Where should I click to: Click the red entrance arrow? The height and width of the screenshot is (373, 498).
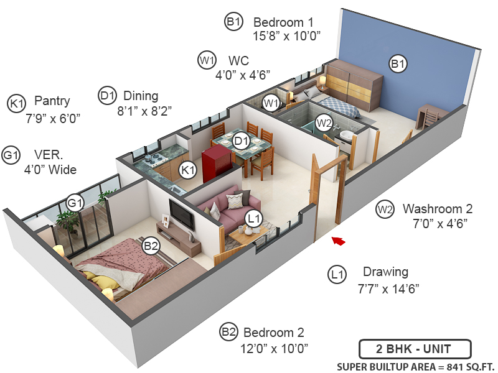click(337, 241)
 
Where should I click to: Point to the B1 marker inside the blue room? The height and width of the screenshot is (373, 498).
click(398, 63)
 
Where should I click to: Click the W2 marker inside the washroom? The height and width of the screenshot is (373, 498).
click(324, 123)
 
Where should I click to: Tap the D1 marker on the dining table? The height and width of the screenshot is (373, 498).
click(242, 142)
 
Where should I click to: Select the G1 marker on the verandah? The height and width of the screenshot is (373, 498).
click(75, 203)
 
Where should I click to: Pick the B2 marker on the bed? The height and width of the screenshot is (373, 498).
click(151, 246)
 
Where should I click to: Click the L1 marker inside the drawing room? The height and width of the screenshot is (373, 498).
click(253, 218)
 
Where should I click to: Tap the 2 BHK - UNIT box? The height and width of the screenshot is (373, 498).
click(415, 349)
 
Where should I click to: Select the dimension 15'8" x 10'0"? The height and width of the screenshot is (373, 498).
click(286, 37)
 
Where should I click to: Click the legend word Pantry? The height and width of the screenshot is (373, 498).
click(52, 101)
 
